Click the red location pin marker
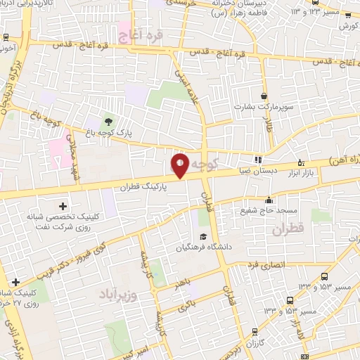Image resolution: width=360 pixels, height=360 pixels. coord(179,166)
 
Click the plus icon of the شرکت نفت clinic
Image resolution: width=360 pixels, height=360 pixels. coord(63,206)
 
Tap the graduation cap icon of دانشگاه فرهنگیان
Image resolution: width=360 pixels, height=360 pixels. coord(202,236)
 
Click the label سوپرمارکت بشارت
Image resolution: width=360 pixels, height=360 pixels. coord(262,108)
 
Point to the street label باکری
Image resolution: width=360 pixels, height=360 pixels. coord(188,304)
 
